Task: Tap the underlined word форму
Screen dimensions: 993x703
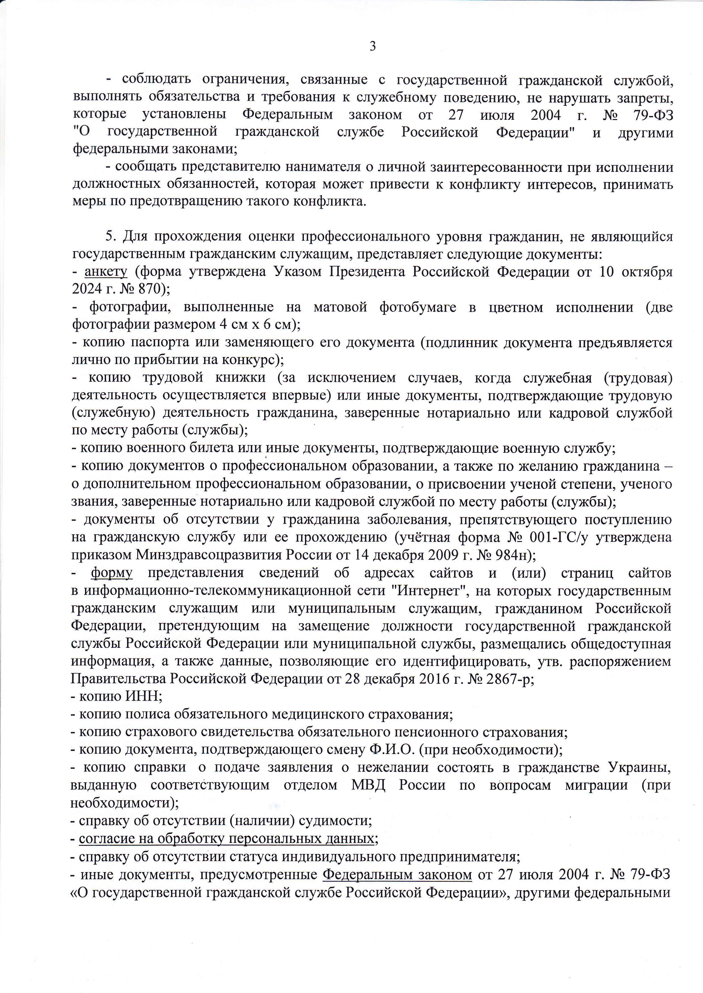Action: click(112, 573)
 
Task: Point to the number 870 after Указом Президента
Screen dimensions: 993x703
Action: click(145, 289)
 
